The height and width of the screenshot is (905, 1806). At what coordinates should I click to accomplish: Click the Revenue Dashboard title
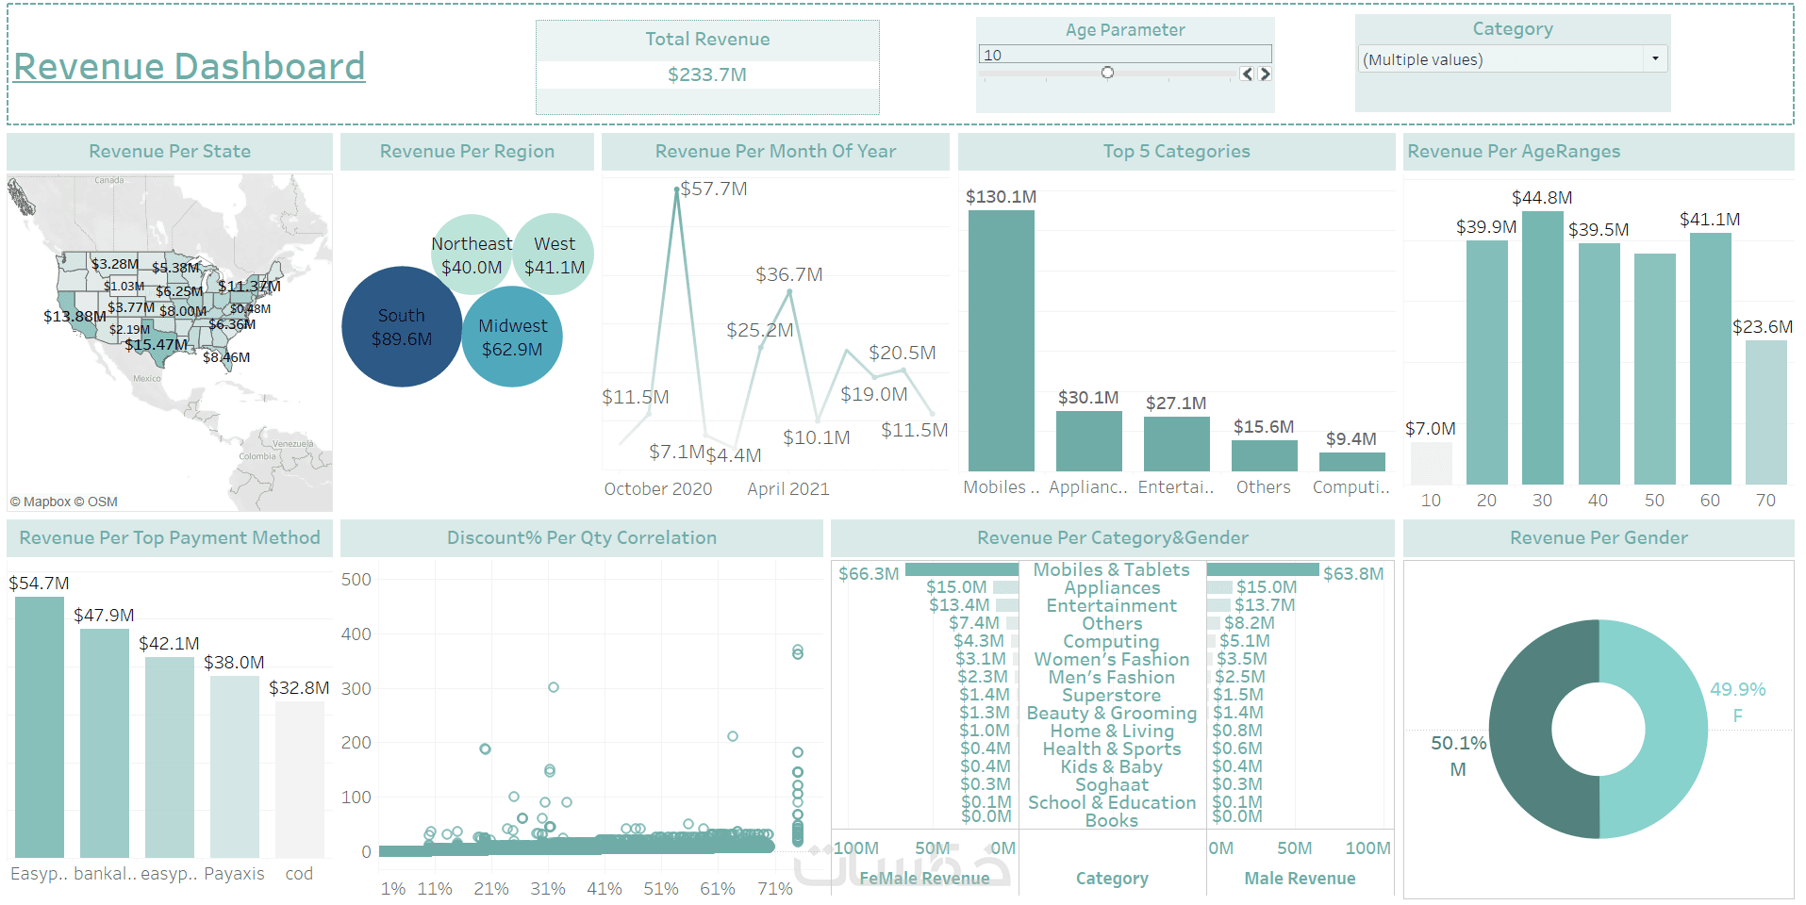point(189,67)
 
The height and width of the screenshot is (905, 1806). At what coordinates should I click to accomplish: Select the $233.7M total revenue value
point(706,74)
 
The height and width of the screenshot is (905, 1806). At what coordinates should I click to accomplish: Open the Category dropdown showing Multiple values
point(1512,59)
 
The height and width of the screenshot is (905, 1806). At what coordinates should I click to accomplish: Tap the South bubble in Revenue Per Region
point(402,327)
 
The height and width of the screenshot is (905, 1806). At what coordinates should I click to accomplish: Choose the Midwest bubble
point(512,337)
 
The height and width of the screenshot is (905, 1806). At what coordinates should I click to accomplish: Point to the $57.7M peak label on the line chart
point(714,189)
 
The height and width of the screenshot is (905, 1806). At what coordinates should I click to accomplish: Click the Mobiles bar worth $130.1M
point(1001,339)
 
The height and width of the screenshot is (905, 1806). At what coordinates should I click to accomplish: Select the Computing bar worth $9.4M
point(1351,462)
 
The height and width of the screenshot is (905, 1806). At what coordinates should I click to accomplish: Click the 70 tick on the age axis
point(1765,501)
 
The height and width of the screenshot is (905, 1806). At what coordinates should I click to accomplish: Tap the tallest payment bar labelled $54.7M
point(40,726)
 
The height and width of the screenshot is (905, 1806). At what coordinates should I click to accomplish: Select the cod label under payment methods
point(299,874)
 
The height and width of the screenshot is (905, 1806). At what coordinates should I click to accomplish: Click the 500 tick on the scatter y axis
point(356,580)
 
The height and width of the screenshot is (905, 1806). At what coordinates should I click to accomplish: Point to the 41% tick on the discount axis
point(604,889)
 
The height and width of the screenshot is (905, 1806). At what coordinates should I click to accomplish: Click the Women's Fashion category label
point(1111,660)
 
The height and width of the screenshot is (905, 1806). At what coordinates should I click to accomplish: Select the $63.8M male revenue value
point(1352,574)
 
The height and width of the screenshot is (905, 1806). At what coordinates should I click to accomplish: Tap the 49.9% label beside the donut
point(1737,690)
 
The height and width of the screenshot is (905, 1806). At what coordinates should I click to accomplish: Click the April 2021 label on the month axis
point(787,489)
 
